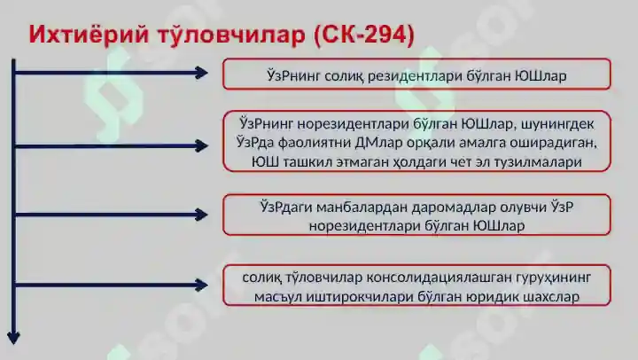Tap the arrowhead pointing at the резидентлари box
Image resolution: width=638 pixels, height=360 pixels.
point(202,73)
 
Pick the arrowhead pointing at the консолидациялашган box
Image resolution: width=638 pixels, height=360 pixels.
point(202,285)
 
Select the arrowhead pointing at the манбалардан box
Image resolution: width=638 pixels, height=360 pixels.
point(202,214)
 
